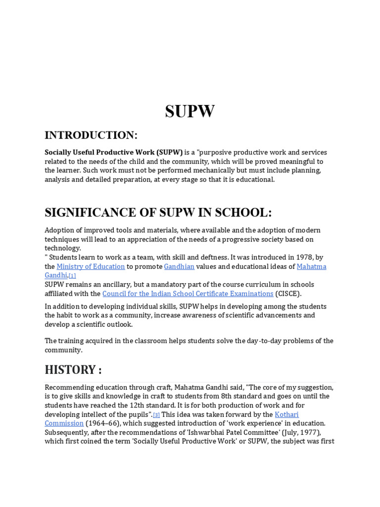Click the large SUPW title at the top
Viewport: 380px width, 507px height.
pos(190,112)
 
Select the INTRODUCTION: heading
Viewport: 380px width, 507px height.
pos(91,135)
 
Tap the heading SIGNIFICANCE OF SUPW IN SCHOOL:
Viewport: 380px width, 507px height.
pos(158,212)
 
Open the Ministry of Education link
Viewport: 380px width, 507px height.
pos(91,266)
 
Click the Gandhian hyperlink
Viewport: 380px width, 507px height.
pos(179,266)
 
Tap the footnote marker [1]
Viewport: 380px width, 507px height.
pos(72,276)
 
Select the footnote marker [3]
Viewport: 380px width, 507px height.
pos(156,415)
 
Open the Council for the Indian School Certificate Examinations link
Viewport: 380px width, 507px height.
pos(188,294)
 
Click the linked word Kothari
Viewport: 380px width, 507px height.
pos(286,414)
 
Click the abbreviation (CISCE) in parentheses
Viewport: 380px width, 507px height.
pos(288,294)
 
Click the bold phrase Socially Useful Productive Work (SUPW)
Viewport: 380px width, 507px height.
pos(114,152)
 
